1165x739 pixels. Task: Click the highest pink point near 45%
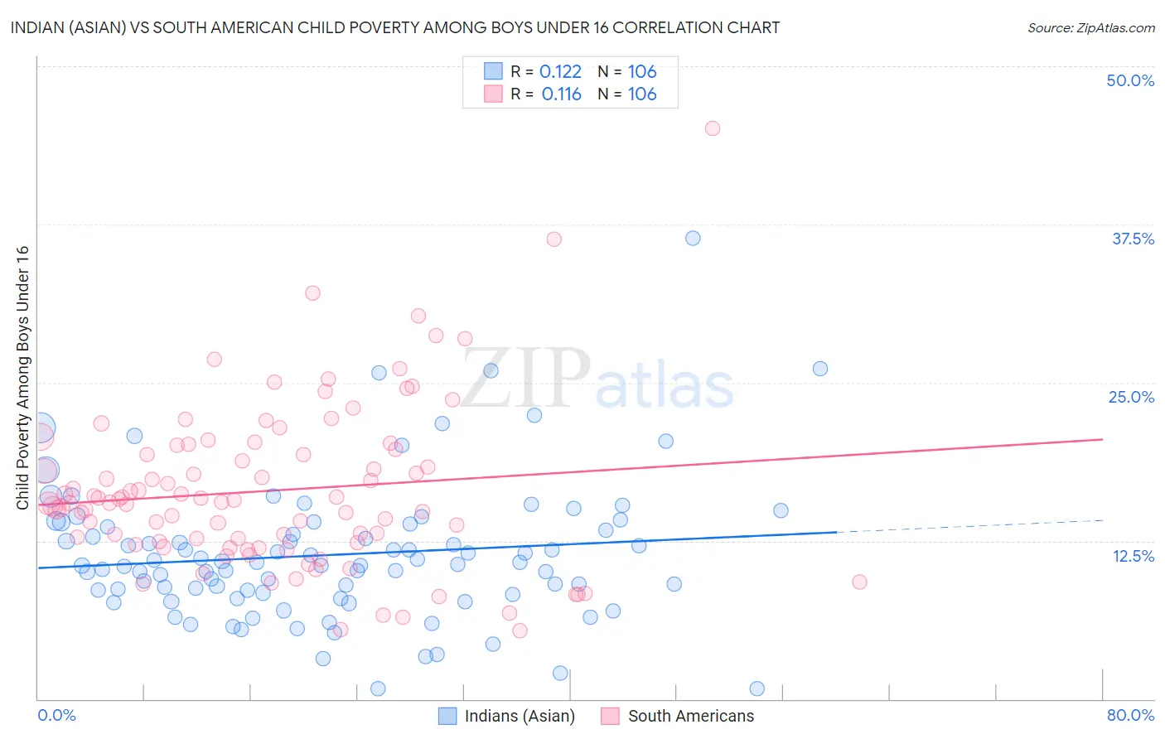coord(713,128)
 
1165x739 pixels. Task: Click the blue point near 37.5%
coord(693,238)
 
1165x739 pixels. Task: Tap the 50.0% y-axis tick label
coord(1130,80)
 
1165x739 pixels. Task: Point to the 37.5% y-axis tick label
coord(1133,239)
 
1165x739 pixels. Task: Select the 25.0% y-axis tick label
coord(1131,397)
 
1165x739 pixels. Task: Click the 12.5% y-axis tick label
coord(1133,556)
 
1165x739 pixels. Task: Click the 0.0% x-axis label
coord(56,715)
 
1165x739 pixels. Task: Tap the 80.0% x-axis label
coord(1130,715)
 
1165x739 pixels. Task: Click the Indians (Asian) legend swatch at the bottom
coord(447,716)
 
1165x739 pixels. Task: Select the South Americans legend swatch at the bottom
coord(611,716)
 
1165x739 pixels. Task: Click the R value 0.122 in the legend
coord(560,72)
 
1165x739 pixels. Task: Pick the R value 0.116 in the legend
coord(561,94)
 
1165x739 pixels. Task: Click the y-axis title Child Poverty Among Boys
coord(22,377)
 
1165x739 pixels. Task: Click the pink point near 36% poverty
coord(554,239)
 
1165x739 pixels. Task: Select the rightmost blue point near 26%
coord(820,369)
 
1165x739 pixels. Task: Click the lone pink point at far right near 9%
coord(859,582)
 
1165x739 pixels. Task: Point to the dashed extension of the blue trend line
coord(969,525)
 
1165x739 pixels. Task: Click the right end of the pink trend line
coord(1102,439)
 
